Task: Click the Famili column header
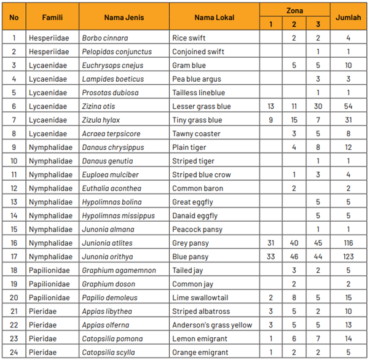point(52,17)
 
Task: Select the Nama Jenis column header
point(124,17)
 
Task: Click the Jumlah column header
point(348,17)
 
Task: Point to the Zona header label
point(294,10)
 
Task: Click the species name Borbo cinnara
point(105,38)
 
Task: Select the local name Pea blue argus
point(196,79)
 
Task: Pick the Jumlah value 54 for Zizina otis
point(348,106)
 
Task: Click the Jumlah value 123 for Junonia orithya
point(348,257)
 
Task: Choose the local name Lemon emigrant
point(197,338)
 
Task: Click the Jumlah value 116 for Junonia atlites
point(348,243)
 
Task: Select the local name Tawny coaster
point(194,134)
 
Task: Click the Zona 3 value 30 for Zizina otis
point(318,106)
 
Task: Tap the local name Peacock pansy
point(195,229)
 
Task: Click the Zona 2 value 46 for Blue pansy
point(294,257)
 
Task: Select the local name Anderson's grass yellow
point(212,325)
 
